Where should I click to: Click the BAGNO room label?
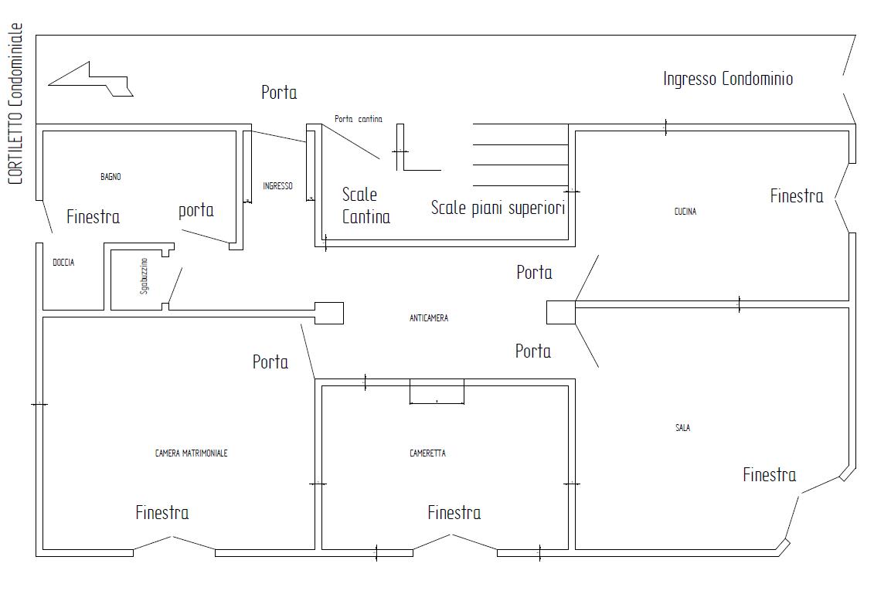pyautogui.click(x=111, y=177)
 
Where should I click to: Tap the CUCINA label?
pyautogui.click(x=685, y=211)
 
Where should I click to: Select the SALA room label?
pyautogui.click(x=682, y=428)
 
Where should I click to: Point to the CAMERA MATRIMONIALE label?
pyautogui.click(x=191, y=453)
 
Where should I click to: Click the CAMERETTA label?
pyautogui.click(x=427, y=453)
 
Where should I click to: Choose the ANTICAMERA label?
pyautogui.click(x=428, y=318)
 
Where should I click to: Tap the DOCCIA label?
pyautogui.click(x=63, y=263)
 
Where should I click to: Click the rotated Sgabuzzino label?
pyautogui.click(x=144, y=276)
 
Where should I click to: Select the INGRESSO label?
pyautogui.click(x=277, y=185)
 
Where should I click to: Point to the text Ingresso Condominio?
pyautogui.click(x=728, y=78)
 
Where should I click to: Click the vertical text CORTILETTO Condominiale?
pyautogui.click(x=15, y=104)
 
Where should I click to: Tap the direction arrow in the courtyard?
pyautogui.click(x=91, y=79)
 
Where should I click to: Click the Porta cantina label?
pyautogui.click(x=358, y=119)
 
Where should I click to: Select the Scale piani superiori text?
pyautogui.click(x=498, y=208)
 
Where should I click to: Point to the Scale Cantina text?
pyautogui.click(x=366, y=205)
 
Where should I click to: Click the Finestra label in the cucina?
pyautogui.click(x=797, y=196)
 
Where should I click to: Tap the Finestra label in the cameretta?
pyautogui.click(x=454, y=513)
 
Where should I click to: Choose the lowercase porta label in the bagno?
pyautogui.click(x=196, y=211)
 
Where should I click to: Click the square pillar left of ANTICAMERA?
pyautogui.click(x=329, y=313)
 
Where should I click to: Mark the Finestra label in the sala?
pyautogui.click(x=770, y=475)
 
